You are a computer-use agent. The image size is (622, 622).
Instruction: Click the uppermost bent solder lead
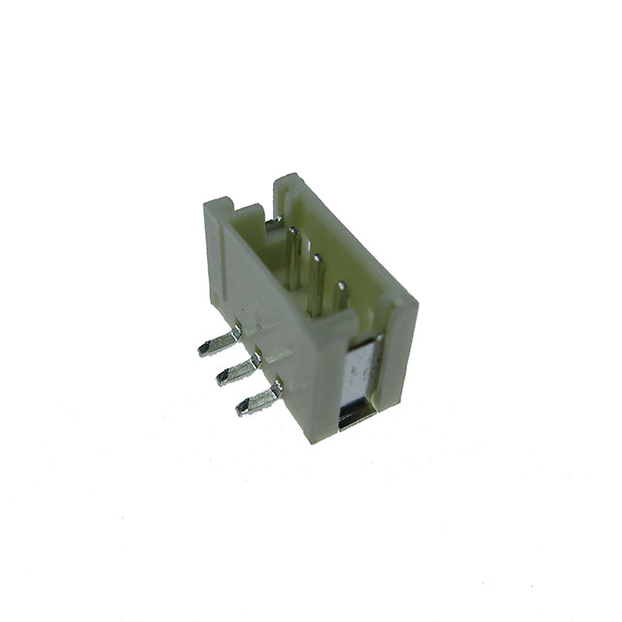[219, 341]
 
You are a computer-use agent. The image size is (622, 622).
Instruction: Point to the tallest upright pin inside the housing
[293, 252]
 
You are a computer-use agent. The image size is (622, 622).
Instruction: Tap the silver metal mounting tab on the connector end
[361, 374]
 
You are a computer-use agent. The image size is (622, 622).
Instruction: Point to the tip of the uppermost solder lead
[203, 347]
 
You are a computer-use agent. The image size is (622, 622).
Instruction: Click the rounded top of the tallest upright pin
[293, 231]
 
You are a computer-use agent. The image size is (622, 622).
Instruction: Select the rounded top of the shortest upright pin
[341, 286]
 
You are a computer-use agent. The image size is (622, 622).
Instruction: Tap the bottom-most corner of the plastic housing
[314, 439]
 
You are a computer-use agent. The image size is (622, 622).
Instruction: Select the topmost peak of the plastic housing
[290, 178]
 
